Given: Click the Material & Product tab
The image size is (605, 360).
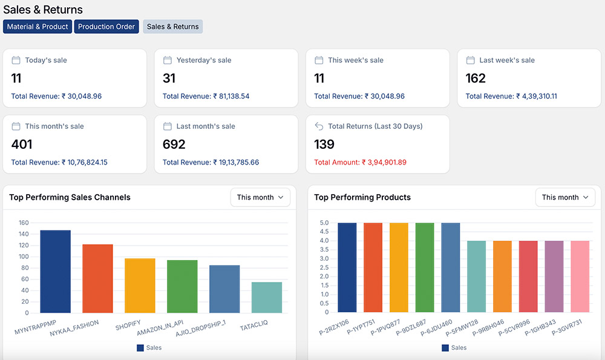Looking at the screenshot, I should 38,27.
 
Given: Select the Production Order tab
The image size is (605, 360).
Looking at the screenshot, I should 106,27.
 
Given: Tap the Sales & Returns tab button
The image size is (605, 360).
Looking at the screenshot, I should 172,27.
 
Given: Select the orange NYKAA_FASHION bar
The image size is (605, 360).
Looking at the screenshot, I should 97,278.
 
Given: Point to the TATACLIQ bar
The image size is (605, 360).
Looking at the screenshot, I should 267,297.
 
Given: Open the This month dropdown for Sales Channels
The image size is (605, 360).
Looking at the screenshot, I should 260,197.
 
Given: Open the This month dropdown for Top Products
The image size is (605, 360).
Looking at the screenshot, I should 565,197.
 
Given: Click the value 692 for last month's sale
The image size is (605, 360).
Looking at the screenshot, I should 174,144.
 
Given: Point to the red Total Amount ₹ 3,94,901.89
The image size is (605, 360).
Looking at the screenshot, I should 360,162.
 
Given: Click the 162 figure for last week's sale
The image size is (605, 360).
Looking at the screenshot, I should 476,78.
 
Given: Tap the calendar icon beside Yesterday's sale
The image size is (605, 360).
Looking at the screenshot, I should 168,60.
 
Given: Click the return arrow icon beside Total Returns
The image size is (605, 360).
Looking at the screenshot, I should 319,126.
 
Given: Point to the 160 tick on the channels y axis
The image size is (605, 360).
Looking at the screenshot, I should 24,223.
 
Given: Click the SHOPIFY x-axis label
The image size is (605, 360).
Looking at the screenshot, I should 128,327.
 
